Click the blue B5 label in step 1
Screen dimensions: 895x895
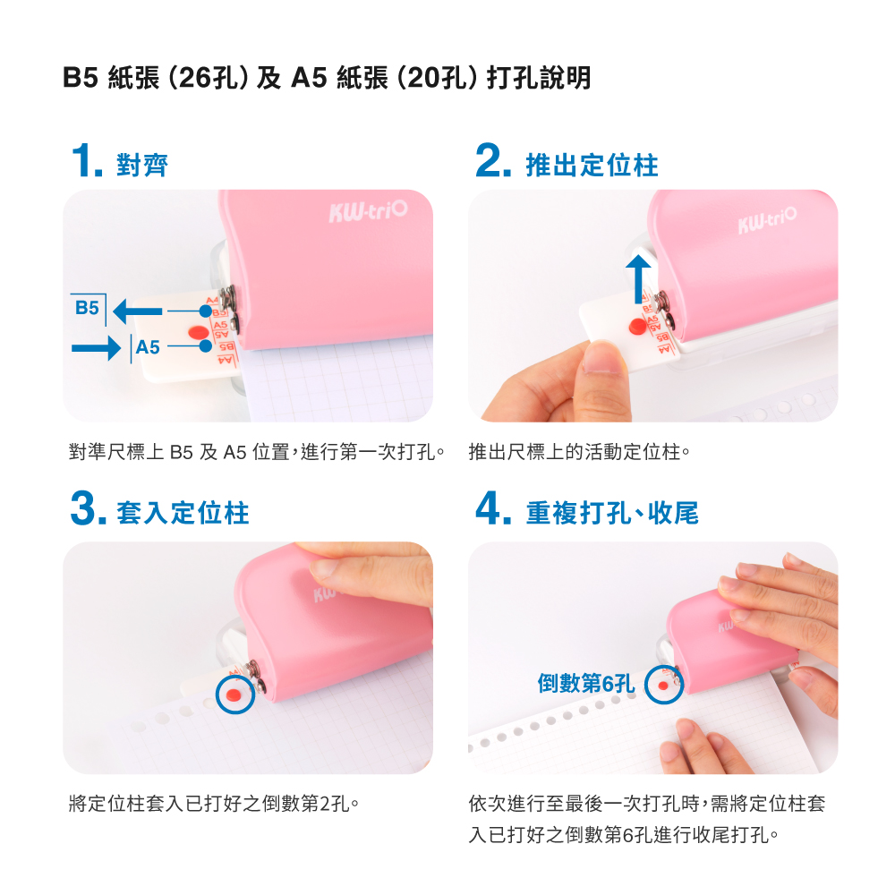pyautogui.click(x=88, y=308)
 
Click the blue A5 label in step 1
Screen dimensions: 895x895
pyautogui.click(x=148, y=347)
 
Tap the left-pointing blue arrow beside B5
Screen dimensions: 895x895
pyautogui.click(x=138, y=311)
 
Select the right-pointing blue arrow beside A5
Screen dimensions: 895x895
pyautogui.click(x=96, y=347)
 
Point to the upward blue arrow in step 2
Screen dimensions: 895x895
pyautogui.click(x=638, y=278)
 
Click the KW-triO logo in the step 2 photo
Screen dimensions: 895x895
pyautogui.click(x=767, y=220)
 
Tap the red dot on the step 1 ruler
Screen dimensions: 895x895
pyautogui.click(x=198, y=332)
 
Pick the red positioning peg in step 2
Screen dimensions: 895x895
pyautogui.click(x=637, y=326)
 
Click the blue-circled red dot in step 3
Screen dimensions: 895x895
pyautogui.click(x=234, y=695)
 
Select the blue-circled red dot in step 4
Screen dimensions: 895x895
pyautogui.click(x=662, y=685)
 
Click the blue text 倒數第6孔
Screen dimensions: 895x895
pyautogui.click(x=585, y=683)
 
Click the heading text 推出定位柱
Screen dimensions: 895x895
pyautogui.click(x=592, y=165)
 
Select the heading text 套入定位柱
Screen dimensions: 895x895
pyautogui.click(x=183, y=513)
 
